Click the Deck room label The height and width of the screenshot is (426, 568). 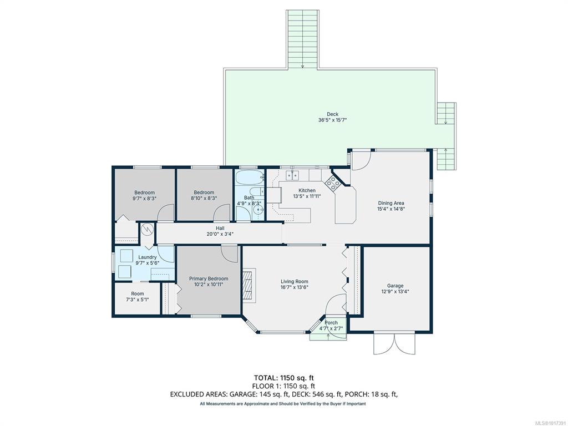point(332,114)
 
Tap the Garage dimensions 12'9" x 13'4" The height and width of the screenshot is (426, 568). point(395,291)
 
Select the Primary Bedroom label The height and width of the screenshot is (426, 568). point(209,278)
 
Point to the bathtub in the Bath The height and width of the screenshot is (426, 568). point(250,178)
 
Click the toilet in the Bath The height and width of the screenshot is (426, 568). point(257,191)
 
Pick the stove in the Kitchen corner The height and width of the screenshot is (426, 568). point(333,183)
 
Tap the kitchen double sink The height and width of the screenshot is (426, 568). point(292,175)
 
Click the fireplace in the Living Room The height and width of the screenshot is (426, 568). point(248,285)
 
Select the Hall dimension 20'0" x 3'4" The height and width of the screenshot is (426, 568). point(220,234)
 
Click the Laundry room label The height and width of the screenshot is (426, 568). point(148,257)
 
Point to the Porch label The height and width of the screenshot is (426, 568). point(331,322)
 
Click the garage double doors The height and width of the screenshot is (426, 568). point(394,343)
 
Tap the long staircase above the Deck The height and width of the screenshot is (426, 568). point(302,39)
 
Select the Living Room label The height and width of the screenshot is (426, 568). point(295,281)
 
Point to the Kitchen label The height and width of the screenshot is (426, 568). point(307,191)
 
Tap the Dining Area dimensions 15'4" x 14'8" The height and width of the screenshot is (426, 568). point(391,209)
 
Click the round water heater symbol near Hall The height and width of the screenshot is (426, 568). point(148,229)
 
